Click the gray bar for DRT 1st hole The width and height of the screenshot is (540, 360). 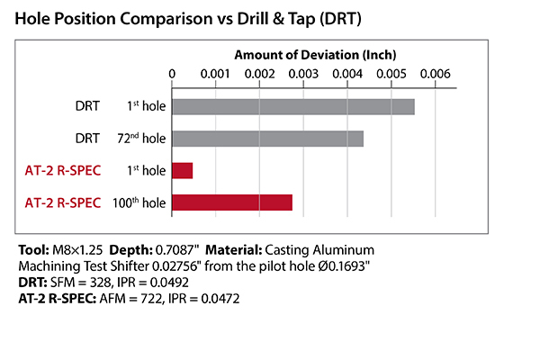pos(292,106)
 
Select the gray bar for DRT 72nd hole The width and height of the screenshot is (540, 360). pos(267,139)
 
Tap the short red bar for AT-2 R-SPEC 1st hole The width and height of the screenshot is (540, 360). pos(182,170)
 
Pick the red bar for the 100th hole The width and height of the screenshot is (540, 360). pos(231,202)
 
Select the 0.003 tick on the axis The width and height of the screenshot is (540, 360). pos(303,74)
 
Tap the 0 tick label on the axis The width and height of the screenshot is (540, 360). pos(172,74)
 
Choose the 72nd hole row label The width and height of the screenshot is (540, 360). pos(146,139)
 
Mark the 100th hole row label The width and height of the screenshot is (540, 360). pos(142,202)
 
